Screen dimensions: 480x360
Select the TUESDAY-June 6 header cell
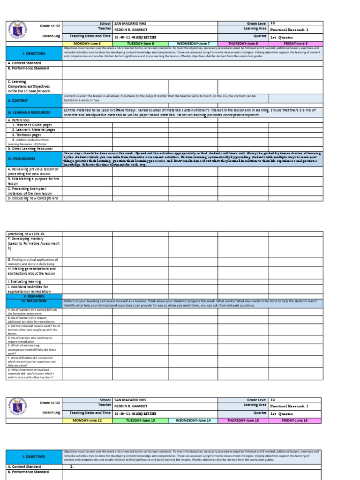click(140, 43)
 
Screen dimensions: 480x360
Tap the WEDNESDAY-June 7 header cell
click(193, 43)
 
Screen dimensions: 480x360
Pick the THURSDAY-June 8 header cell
click(243, 43)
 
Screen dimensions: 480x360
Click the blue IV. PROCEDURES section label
click(34, 158)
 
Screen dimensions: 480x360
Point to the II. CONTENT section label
click(34, 100)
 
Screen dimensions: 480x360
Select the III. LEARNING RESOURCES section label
click(34, 113)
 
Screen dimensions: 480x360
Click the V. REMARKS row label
click(34, 296)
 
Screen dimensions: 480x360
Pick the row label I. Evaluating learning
click(34, 281)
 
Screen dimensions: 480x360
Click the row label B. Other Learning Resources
click(34, 148)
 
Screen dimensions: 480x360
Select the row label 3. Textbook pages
click(34, 135)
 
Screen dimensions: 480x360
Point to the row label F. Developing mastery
click(34, 244)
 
